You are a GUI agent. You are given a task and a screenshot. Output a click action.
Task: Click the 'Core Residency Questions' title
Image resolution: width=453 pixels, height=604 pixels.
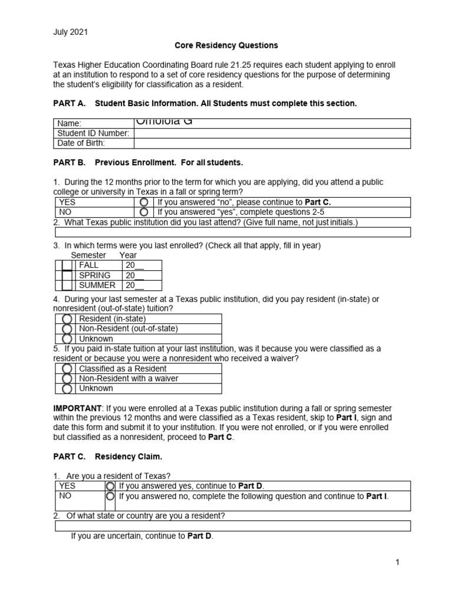pyautogui.click(x=226, y=45)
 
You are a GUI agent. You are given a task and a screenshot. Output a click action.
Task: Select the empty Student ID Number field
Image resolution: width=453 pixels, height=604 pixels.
pyautogui.click(x=272, y=133)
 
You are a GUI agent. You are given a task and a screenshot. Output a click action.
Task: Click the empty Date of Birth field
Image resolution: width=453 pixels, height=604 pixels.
pyautogui.click(x=272, y=143)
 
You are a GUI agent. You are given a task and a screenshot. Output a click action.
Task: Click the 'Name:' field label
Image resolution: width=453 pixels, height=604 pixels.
pyautogui.click(x=69, y=123)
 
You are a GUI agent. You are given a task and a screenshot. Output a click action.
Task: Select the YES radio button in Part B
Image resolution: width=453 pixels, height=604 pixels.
pyautogui.click(x=144, y=202)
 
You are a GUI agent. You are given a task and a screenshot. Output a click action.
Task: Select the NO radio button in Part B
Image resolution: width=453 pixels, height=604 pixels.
pyautogui.click(x=144, y=212)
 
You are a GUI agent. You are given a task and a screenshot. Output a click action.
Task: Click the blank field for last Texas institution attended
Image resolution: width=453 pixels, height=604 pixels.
pyautogui.click(x=232, y=232)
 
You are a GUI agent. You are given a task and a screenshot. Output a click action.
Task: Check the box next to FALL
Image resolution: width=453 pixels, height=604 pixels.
pyautogui.click(x=67, y=265)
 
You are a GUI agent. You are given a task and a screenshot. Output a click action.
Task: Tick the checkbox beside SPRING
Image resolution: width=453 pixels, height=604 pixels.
pyautogui.click(x=67, y=275)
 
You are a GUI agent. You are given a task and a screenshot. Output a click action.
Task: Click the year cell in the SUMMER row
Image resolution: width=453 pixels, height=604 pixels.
pyautogui.click(x=141, y=285)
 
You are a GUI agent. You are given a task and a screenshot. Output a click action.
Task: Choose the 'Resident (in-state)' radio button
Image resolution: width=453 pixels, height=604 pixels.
pyautogui.click(x=67, y=319)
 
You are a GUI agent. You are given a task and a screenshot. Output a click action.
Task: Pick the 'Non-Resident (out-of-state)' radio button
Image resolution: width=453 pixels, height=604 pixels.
pyautogui.click(x=67, y=329)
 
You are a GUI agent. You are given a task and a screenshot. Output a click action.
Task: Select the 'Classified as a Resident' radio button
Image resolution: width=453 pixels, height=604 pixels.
pyautogui.click(x=67, y=369)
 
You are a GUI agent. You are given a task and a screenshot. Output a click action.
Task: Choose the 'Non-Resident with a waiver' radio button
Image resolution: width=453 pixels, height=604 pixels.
pyautogui.click(x=67, y=379)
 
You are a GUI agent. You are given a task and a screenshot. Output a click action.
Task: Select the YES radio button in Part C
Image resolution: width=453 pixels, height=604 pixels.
pyautogui.click(x=110, y=486)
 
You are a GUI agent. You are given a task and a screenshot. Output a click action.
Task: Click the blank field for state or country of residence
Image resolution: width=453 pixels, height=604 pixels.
pyautogui.click(x=232, y=526)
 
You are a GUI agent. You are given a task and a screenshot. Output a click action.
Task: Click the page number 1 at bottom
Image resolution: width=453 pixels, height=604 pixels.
pyautogui.click(x=398, y=562)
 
